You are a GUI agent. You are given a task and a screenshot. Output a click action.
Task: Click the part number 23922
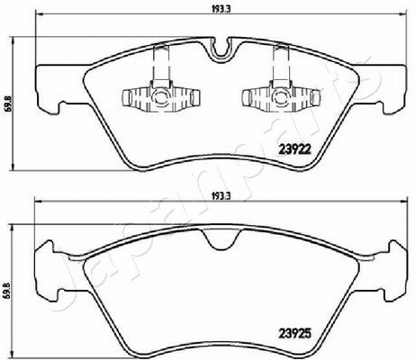pos(294,148)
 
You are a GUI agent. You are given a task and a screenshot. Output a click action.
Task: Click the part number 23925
pos(294,333)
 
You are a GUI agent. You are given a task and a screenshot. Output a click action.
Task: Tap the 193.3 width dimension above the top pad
pos(221,9)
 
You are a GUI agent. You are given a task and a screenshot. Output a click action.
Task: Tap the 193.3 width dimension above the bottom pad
pos(221,196)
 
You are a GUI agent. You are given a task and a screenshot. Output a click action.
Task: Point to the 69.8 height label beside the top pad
pos(7,104)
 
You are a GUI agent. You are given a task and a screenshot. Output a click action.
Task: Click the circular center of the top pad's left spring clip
pos(158,97)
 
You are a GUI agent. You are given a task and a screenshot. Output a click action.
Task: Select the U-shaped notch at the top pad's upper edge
pos(221,48)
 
